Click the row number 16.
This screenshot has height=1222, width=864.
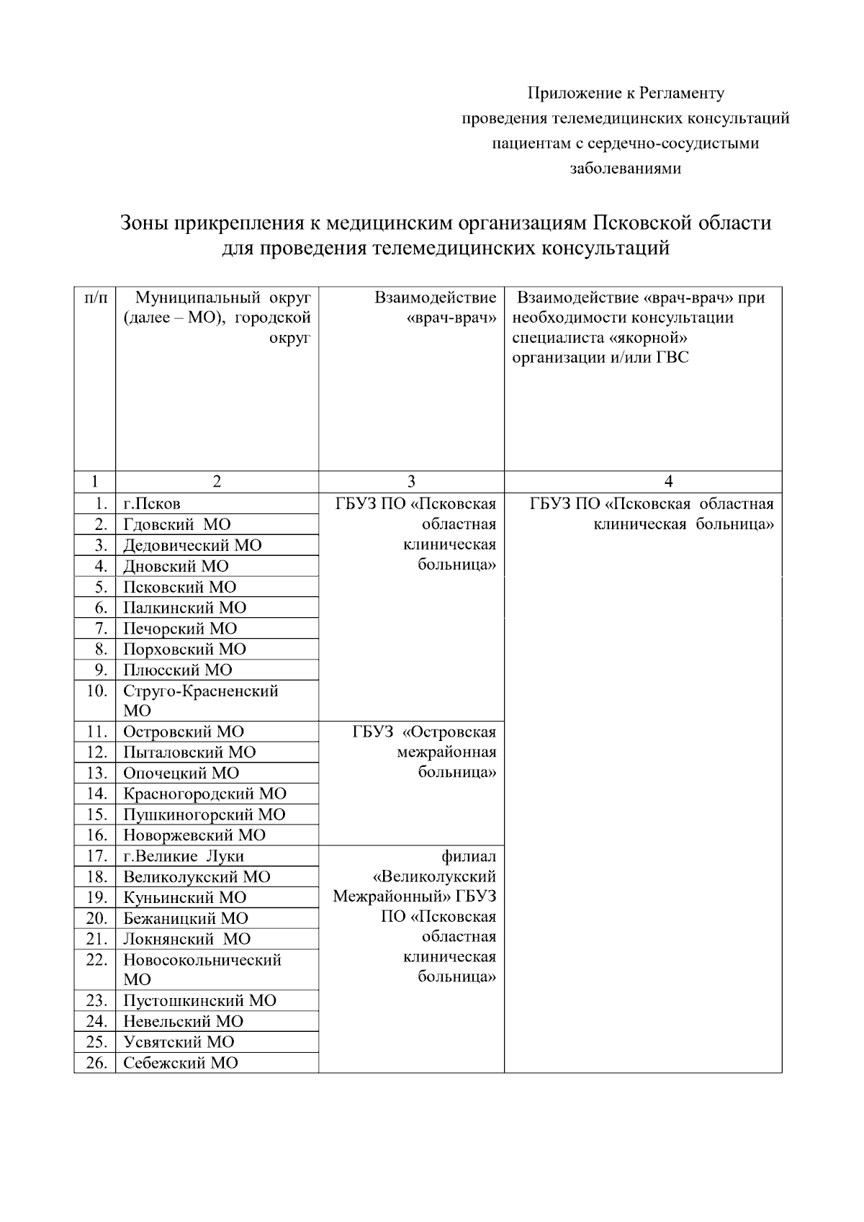point(96,836)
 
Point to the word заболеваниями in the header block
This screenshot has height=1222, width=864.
point(625,169)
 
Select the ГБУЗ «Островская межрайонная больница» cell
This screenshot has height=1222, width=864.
point(425,752)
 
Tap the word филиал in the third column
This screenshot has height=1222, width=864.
point(469,857)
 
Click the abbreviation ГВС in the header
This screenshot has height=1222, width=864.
point(672,358)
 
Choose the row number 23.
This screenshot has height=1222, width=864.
point(96,1001)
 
